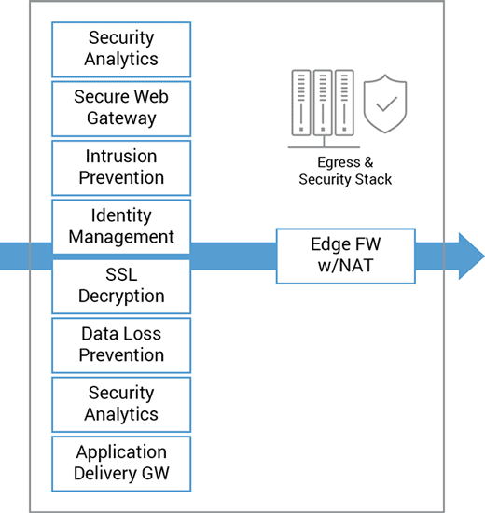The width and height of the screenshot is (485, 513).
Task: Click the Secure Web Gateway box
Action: coord(121,108)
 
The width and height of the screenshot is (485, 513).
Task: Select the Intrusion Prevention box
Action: coord(121,168)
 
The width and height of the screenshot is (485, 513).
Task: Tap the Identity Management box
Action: coord(121,227)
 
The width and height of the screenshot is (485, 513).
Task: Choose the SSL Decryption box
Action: coord(121,286)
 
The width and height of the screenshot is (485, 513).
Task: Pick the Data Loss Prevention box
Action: coord(121,345)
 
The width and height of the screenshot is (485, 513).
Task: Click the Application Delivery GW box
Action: coord(121,464)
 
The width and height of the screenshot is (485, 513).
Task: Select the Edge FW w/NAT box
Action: coord(346,256)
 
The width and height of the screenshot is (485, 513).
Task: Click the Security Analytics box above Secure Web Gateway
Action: coord(121,49)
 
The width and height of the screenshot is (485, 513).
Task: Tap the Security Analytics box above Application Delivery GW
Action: coord(121,405)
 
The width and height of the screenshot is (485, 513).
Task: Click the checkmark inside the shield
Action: coord(386,104)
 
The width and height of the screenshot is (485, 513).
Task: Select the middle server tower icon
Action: coord(323,103)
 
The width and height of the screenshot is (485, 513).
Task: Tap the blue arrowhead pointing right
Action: coord(471,256)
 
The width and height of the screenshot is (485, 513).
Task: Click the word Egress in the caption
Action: coord(339,162)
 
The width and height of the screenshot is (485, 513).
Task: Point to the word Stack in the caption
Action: coord(373,179)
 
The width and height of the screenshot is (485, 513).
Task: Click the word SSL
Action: coord(121,274)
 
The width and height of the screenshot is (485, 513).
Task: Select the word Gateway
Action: coord(121,118)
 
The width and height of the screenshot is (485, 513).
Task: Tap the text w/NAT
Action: coord(346,265)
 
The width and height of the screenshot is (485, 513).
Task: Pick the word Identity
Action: coord(121,216)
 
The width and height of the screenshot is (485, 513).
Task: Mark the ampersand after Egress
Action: coord(368,162)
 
